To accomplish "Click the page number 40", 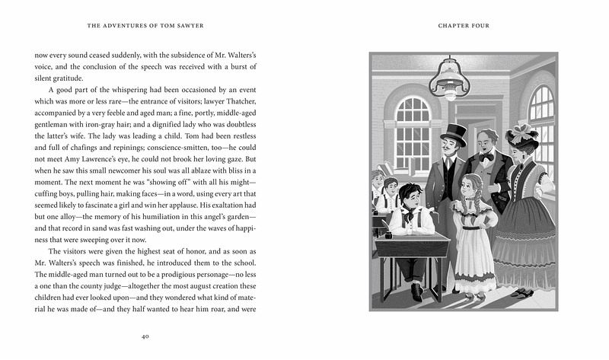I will tap(145, 335).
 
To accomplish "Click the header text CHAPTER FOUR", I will tap(464, 26).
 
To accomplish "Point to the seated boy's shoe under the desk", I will tap(416, 291).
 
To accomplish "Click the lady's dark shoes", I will tap(521, 292).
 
